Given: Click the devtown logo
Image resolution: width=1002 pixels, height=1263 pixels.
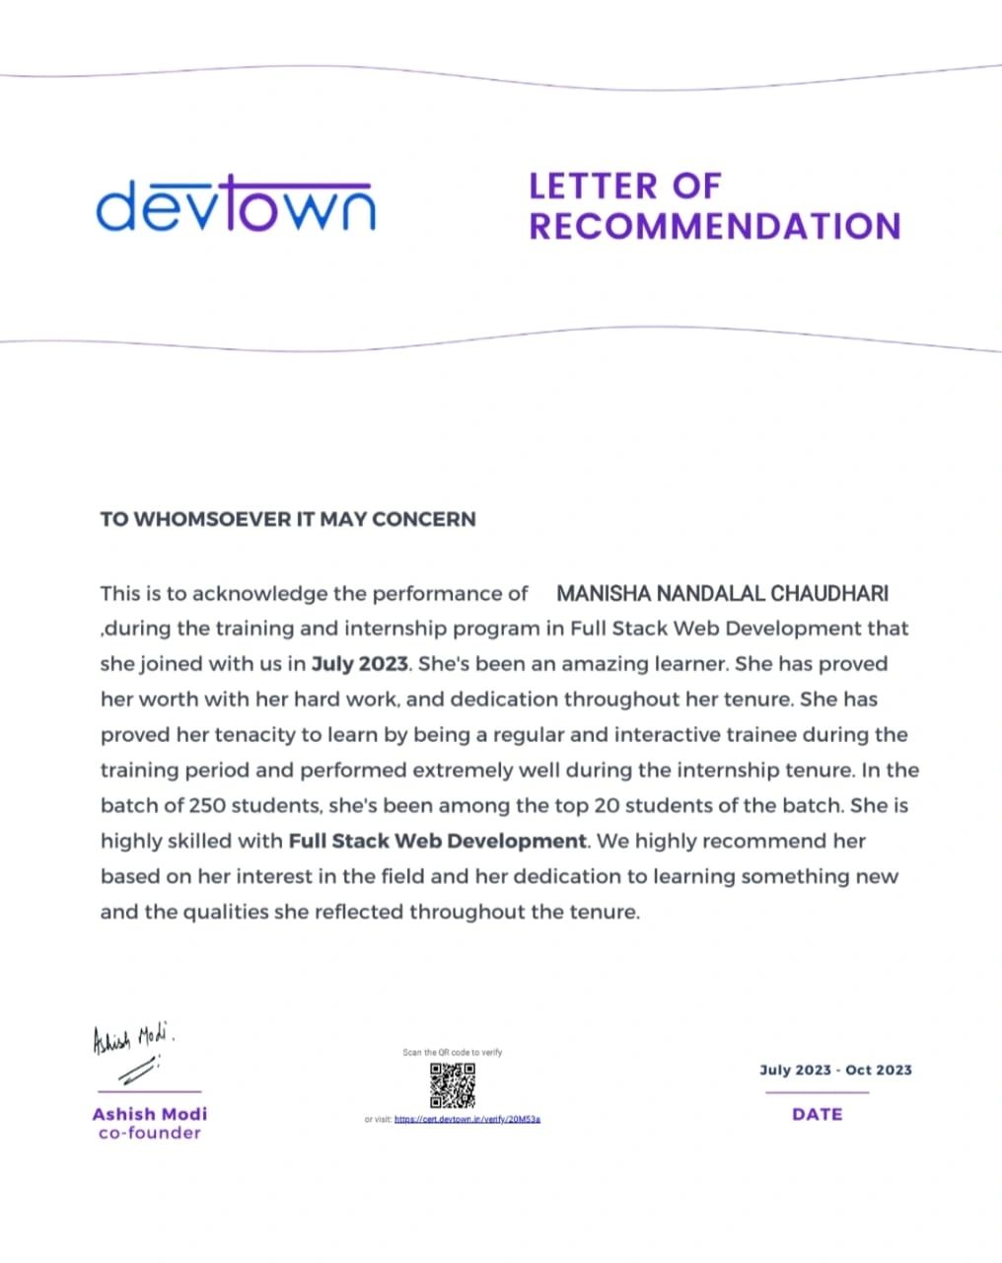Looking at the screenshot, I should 236,204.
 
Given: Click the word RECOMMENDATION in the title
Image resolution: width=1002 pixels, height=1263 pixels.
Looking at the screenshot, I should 715,226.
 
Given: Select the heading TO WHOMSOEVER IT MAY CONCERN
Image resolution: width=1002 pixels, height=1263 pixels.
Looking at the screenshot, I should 288,519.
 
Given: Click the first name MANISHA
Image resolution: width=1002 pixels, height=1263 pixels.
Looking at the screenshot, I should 604,594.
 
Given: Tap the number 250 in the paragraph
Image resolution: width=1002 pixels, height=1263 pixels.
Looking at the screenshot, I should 208,805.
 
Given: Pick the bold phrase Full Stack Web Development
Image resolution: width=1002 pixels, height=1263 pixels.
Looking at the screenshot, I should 438,841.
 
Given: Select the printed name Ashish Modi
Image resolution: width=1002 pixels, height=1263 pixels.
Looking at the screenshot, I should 150,1114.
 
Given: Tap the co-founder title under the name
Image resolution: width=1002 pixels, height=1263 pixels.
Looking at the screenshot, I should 150,1133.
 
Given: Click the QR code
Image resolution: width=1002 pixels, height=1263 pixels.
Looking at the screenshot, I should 453,1085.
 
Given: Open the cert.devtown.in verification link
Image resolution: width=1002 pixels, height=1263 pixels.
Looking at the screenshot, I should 466,1120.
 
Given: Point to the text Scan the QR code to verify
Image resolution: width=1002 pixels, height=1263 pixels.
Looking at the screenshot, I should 453,1053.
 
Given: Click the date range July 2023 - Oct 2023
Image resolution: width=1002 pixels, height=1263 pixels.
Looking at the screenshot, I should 835,1070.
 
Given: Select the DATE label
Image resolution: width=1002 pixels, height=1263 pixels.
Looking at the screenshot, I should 818,1114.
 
